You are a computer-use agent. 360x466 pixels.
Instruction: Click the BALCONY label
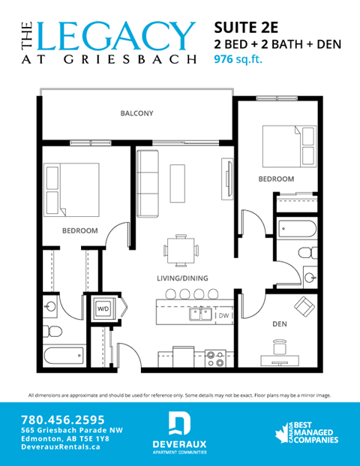tap(136, 113)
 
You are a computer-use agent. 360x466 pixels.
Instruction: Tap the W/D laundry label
tap(102, 307)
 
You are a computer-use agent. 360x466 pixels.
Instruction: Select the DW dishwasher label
tap(223, 316)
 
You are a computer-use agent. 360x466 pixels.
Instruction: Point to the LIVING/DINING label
tap(182, 278)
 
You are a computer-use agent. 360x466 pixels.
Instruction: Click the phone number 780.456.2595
tap(64, 419)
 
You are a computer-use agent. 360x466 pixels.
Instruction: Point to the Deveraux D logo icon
tap(179, 424)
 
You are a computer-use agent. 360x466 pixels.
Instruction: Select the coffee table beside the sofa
tap(178, 182)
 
